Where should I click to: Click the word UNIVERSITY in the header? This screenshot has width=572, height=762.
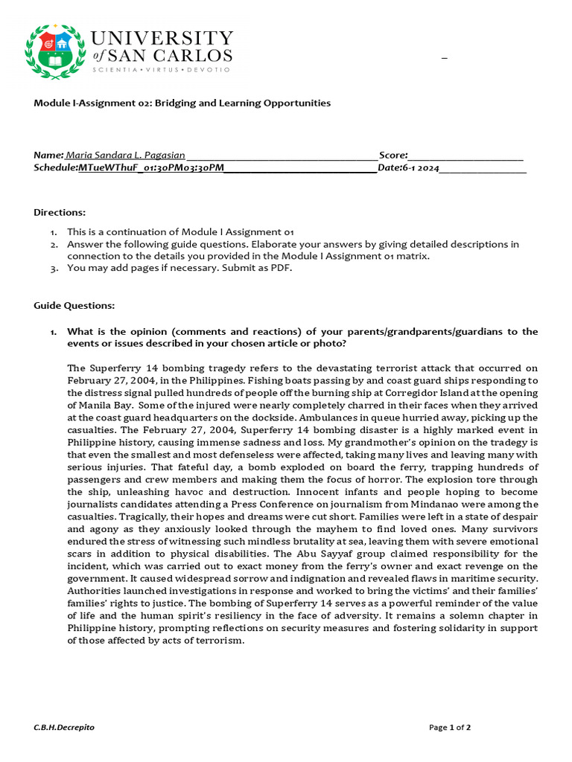point(162,38)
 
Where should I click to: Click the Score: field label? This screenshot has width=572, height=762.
point(393,156)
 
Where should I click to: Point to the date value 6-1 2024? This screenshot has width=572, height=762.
point(420,168)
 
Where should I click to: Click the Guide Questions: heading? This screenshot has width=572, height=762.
point(74,306)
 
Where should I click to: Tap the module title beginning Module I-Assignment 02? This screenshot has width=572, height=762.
point(182,103)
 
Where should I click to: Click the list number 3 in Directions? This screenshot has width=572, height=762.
point(54,269)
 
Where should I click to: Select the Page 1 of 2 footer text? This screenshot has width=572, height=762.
point(450,727)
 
